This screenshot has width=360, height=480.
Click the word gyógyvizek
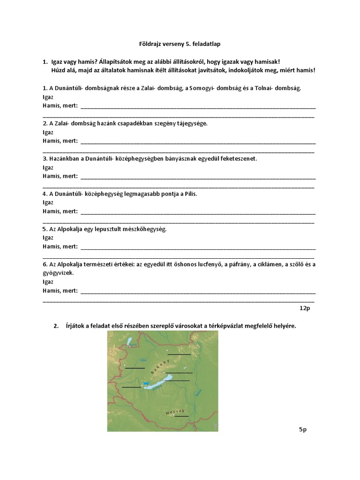(x=58, y=273)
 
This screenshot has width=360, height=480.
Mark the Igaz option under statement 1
(x=48, y=97)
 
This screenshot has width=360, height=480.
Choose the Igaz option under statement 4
(x=48, y=202)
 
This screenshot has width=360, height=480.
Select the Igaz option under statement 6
(x=48, y=282)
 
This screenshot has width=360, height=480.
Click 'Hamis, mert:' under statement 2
(x=60, y=141)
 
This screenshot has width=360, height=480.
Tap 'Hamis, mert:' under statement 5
(x=60, y=247)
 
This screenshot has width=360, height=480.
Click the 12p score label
(x=305, y=308)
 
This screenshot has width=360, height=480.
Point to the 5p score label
(x=302, y=429)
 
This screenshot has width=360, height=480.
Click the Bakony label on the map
(x=159, y=367)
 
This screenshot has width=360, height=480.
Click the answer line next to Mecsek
(x=181, y=416)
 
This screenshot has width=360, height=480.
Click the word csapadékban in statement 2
(x=137, y=123)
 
